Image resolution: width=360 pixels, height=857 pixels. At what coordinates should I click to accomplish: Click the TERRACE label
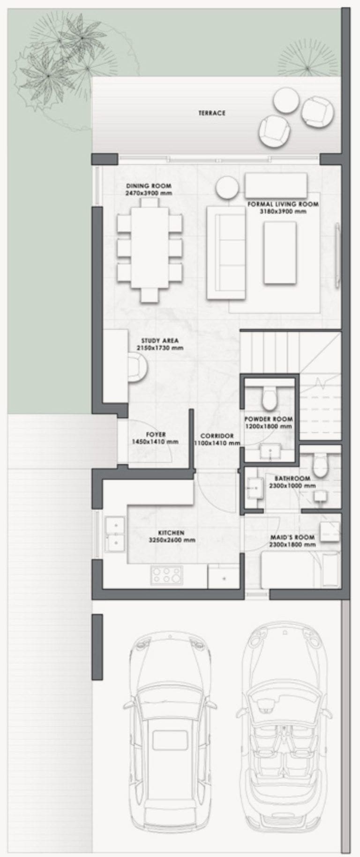212,113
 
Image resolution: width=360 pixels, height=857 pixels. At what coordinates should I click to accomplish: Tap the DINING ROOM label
149,186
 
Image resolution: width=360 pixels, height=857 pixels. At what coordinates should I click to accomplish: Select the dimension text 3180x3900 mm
283,211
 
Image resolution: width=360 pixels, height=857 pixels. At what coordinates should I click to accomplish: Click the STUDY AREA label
160,341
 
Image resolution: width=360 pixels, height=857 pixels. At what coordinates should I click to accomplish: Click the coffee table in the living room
280,252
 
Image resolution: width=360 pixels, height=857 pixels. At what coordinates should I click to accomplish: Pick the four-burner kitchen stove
166,575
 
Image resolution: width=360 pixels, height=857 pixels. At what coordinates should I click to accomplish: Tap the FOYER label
156,434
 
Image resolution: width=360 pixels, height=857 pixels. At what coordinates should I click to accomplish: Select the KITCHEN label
171,533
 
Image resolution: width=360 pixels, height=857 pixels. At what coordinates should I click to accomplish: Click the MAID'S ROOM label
292,537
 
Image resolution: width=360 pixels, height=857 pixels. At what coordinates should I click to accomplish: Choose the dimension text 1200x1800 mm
268,426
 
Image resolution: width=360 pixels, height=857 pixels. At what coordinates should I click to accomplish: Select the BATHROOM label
292,478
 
